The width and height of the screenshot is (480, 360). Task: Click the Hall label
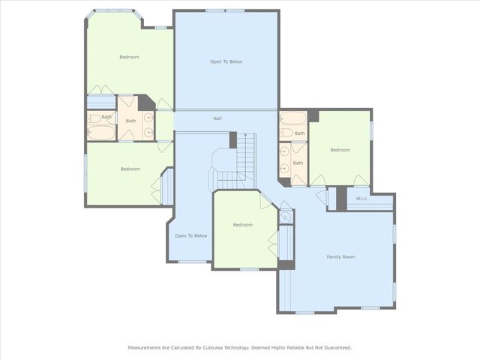[217, 118]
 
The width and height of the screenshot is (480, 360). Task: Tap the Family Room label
[340, 256]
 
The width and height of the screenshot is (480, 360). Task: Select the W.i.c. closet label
[361, 199]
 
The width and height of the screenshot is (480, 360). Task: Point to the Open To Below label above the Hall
[226, 61]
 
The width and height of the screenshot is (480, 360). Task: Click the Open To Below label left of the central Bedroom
[191, 235]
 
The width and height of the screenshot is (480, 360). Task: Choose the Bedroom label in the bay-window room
[129, 57]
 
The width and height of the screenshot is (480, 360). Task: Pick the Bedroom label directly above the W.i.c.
[340, 150]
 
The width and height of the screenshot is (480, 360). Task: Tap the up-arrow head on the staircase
[245, 134]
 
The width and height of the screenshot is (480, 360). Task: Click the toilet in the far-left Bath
[94, 118]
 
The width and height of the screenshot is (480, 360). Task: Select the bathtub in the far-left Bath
[101, 133]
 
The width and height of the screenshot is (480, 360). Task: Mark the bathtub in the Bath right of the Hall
[293, 118]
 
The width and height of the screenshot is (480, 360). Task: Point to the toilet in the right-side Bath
[286, 133]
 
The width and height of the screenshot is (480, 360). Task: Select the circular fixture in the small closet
[285, 217]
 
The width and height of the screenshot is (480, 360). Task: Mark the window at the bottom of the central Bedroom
[249, 269]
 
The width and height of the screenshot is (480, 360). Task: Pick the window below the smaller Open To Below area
[192, 262]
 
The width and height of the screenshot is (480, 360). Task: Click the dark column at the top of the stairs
[233, 140]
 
